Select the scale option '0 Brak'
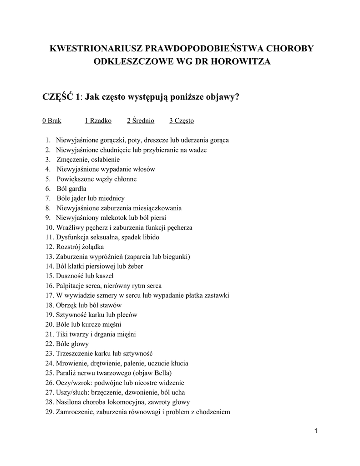coord(52,121)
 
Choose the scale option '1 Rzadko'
coord(98,121)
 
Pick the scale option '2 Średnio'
coord(141,121)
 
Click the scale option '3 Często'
coord(182,121)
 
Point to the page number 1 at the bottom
coord(315,431)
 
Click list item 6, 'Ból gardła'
coord(71,188)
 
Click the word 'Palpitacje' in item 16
coord(71,285)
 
